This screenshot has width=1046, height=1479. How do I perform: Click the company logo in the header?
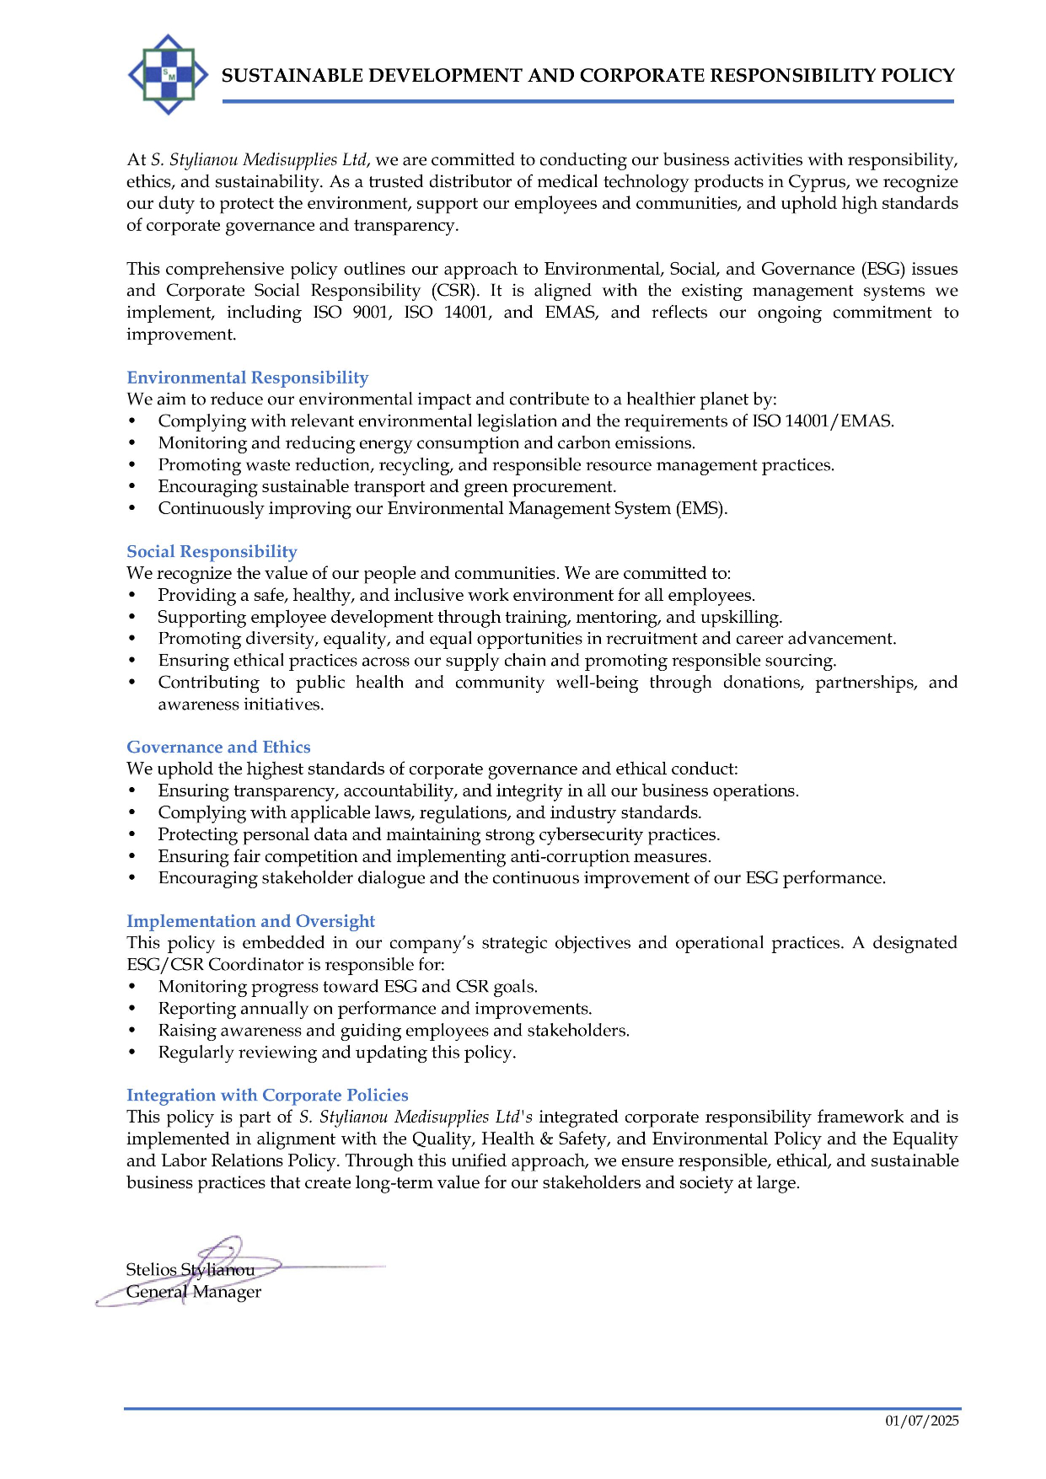168,74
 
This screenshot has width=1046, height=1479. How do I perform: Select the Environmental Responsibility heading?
247,378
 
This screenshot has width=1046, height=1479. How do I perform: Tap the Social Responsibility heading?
212,551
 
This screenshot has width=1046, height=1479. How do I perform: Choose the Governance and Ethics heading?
218,747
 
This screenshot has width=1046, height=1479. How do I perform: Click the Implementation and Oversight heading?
250,921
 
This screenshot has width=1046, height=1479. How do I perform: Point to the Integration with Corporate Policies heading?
267,1095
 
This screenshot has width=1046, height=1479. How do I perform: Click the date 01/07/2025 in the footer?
921,1421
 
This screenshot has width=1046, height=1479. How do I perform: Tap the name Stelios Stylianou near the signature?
190,1269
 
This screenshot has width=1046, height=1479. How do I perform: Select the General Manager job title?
194,1291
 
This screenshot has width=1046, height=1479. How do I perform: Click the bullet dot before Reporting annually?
132,1009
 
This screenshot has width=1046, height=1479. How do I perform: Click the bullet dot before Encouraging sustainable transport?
132,486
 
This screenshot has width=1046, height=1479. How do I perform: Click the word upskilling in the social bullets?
743,617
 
